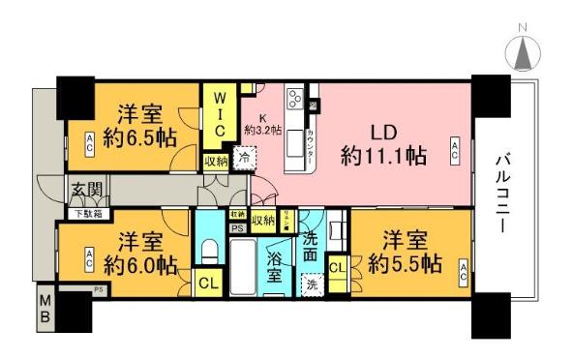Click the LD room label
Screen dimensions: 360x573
pos(384,131)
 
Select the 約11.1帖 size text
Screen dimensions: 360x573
pos(385,155)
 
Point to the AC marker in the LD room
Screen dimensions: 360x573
pos(455,148)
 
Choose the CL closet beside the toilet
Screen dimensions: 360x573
pos(208,284)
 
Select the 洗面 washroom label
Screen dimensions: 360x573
pos(311,249)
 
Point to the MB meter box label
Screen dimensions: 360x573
pos(46,310)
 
